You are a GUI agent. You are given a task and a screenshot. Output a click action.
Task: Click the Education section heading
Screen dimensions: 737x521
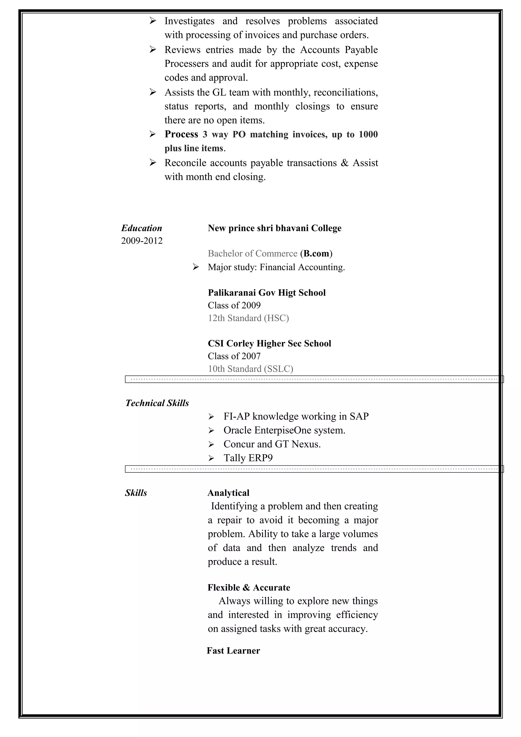141,228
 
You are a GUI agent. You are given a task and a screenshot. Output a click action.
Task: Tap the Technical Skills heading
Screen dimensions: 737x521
157,403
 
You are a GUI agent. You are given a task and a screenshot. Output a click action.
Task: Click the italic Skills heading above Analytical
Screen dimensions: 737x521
136,493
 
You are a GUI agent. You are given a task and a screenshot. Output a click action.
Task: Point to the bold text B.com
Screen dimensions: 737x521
316,254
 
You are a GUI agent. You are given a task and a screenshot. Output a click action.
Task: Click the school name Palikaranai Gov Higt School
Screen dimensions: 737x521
266,293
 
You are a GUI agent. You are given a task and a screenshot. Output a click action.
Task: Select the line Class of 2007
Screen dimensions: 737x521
234,356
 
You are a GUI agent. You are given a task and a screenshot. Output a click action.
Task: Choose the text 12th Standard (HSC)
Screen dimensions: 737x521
248,318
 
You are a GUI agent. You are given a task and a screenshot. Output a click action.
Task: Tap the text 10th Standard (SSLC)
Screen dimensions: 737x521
250,369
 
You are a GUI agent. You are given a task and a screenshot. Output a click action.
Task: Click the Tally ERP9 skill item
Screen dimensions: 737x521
248,458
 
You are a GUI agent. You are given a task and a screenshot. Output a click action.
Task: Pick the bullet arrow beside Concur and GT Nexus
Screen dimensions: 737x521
211,445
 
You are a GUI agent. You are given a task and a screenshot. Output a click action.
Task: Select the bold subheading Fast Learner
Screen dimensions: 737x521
233,651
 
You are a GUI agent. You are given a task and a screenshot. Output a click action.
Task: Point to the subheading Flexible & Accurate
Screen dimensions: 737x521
249,588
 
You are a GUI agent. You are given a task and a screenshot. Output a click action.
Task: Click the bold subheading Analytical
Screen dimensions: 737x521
228,493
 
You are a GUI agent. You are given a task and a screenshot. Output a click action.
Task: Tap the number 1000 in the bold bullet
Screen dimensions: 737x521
368,135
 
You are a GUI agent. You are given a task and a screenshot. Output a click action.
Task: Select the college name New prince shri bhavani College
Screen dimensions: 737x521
274,228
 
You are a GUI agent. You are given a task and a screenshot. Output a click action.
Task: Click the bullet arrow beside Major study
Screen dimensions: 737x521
195,267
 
